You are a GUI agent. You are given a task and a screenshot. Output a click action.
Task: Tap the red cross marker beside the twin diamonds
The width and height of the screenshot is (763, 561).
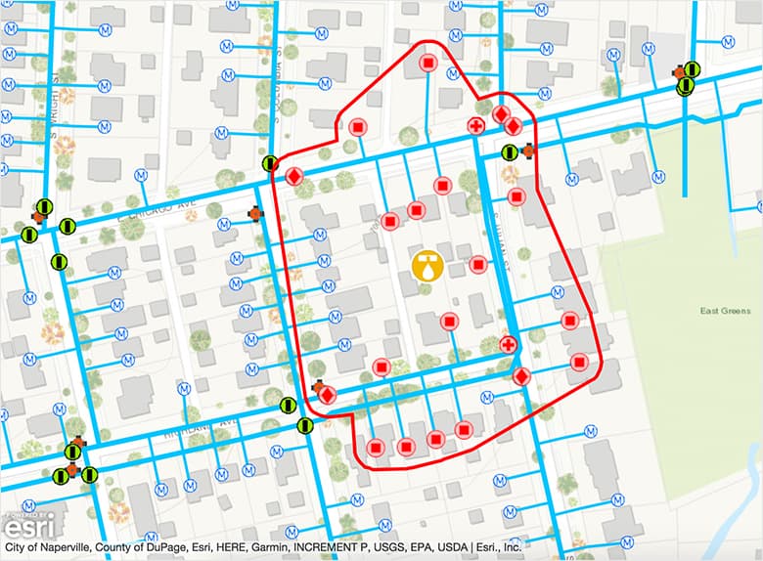tap(476, 127)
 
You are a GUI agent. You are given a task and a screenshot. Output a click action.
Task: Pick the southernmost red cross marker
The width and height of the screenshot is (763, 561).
tap(508, 344)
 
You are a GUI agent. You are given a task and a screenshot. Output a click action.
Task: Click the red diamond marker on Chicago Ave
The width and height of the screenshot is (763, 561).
tap(293, 177)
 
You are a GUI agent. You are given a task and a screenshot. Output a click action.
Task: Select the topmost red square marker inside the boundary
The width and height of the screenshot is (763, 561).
tap(427, 64)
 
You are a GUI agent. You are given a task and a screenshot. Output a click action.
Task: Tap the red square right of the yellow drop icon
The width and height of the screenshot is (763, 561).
tap(478, 264)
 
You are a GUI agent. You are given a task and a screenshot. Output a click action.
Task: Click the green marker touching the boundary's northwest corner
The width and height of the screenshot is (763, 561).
tap(270, 164)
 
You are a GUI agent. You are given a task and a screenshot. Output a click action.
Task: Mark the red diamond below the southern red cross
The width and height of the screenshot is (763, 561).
tap(521, 376)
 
